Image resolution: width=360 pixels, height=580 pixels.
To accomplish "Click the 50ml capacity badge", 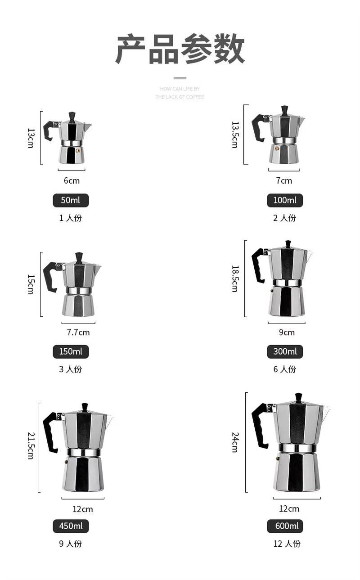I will [x=71, y=200].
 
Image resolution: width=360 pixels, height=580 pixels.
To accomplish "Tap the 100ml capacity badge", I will [x=285, y=200].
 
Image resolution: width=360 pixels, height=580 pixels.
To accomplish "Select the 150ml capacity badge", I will [x=71, y=351].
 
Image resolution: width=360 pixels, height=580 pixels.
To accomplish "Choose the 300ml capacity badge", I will [x=285, y=351].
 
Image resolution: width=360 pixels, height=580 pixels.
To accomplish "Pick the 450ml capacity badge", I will [x=71, y=526].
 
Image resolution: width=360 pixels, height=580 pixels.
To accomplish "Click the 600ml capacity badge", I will [x=285, y=526].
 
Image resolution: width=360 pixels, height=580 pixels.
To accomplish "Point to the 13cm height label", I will [x=31, y=138].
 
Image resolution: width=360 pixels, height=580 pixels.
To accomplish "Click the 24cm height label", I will [x=235, y=442].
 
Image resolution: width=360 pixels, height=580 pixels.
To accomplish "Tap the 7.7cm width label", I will [x=78, y=333].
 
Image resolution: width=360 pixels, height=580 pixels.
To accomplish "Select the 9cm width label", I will [x=287, y=333].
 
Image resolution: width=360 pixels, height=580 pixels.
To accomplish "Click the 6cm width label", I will [x=72, y=181].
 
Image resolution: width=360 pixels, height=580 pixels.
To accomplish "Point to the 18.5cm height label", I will [x=235, y=279].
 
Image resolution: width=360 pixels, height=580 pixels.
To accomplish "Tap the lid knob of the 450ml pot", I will [x=85, y=407].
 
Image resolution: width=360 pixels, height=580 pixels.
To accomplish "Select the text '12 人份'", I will [x=287, y=544].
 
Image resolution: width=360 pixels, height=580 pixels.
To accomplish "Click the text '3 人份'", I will [x=71, y=369].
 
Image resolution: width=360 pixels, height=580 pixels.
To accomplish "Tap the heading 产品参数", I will [x=180, y=49].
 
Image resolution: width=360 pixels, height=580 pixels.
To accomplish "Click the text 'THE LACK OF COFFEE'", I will [x=180, y=97].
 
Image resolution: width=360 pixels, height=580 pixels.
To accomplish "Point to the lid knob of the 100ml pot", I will [x=284, y=110].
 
